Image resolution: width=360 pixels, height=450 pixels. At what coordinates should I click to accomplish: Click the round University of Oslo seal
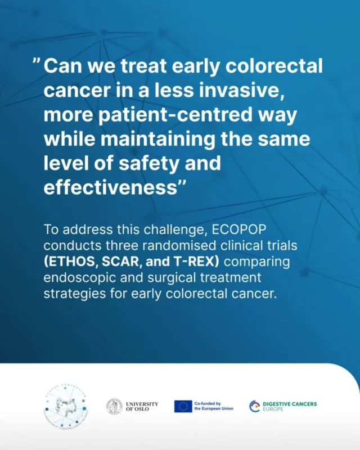114,406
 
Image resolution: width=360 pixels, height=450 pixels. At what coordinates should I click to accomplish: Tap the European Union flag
183,406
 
